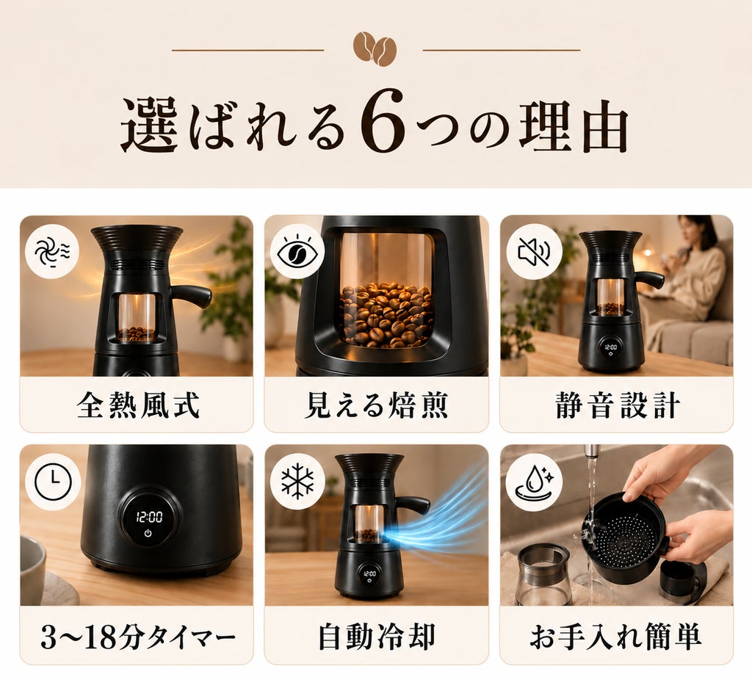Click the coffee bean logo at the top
tap(375, 49)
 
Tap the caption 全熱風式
tap(137, 405)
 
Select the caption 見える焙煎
tap(377, 405)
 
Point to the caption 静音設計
tap(618, 405)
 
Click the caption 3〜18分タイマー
tap(137, 637)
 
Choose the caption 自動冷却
tap(377, 637)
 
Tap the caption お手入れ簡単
tap(616, 637)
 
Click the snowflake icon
tap(297, 481)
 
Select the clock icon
tap(53, 481)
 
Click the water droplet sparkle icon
tap(534, 481)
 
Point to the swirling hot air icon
tap(52, 251)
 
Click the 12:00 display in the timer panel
tap(149, 516)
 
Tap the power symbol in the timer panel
tap(148, 533)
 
